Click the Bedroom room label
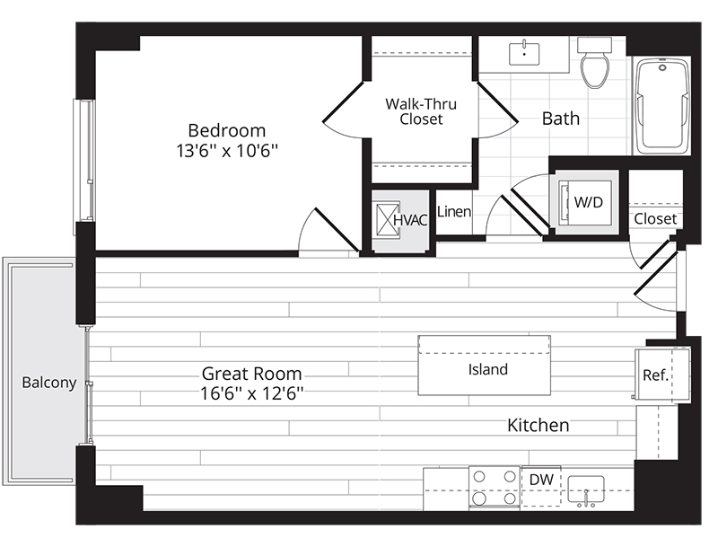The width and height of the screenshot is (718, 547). [227, 130]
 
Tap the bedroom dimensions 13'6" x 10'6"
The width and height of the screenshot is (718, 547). [227, 151]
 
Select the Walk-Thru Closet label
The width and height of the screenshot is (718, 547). [421, 111]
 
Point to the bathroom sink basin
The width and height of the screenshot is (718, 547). [524, 54]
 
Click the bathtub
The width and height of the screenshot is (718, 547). [662, 106]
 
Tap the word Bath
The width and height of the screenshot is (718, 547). [560, 119]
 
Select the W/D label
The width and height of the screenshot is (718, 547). [589, 202]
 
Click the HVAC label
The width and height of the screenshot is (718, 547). [410, 220]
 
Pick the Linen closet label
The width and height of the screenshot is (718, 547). [454, 212]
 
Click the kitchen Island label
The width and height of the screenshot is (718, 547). [487, 369]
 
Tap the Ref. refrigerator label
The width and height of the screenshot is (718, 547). [655, 375]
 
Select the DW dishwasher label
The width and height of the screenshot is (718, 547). [541, 480]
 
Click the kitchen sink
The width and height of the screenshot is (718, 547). [586, 490]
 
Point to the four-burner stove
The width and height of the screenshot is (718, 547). [495, 488]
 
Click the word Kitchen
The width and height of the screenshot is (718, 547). [538, 425]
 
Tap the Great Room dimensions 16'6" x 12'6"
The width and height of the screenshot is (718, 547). [252, 393]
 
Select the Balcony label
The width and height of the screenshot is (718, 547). [49, 383]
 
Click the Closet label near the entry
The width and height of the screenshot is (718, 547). [655, 218]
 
